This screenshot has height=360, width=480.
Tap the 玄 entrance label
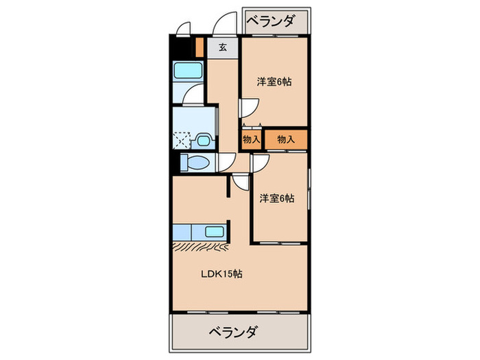click(223, 48)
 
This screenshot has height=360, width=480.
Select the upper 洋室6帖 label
click(274, 82)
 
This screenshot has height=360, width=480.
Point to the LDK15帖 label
click(220, 274)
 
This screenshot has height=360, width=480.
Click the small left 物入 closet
click(251, 139)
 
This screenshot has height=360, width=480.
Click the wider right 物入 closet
click(285, 139)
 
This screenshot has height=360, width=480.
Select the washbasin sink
click(203, 139)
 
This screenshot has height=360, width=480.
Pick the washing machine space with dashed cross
click(182, 140)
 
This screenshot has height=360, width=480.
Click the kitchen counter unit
click(200, 232)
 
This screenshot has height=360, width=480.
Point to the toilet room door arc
click(226, 163)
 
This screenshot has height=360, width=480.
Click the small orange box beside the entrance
click(200, 49)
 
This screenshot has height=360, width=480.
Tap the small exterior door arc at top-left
click(182, 29)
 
